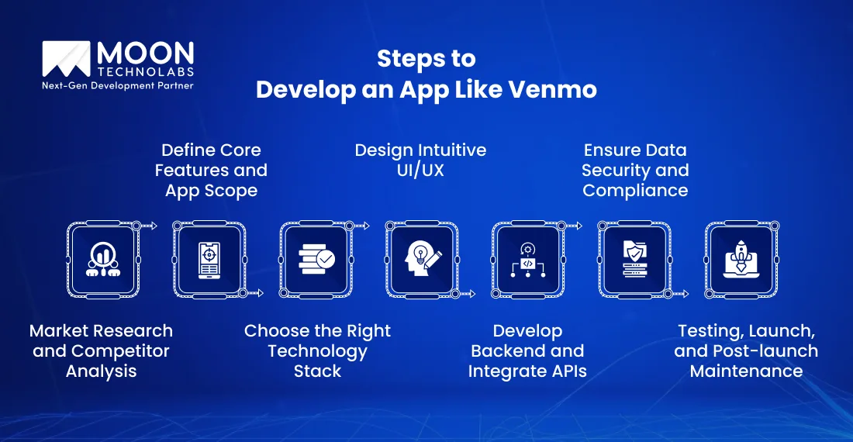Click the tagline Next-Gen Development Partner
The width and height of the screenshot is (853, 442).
click(117, 85)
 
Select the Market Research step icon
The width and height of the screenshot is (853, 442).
click(103, 260)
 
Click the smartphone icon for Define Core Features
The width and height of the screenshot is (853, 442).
click(209, 260)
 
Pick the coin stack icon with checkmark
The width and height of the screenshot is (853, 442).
click(316, 260)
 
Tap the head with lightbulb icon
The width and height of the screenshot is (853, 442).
click(422, 260)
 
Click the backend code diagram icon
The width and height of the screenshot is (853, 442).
click(528, 260)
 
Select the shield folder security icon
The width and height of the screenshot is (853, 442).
click(634, 260)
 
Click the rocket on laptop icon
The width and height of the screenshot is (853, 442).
click(741, 260)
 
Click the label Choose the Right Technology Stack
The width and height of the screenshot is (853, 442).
click(317, 350)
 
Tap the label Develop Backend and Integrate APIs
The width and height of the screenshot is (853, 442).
click(527, 350)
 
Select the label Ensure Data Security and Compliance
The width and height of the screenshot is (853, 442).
click(635, 170)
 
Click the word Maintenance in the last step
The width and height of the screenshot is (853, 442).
click(746, 371)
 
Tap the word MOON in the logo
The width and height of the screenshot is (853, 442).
click(145, 54)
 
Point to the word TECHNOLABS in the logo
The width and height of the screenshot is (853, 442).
click(145, 71)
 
